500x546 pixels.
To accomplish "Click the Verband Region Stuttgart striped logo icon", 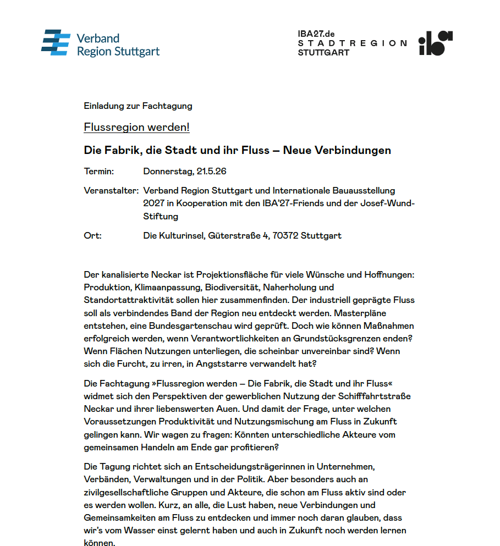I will [56, 43].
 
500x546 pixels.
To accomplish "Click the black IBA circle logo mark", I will [435, 43].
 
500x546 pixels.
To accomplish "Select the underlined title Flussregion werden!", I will [136, 128].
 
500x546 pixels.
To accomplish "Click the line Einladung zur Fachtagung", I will [138, 106].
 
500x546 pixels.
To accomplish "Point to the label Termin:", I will [98, 172].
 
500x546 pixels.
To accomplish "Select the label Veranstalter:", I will [111, 191].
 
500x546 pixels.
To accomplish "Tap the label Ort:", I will [92, 235].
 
